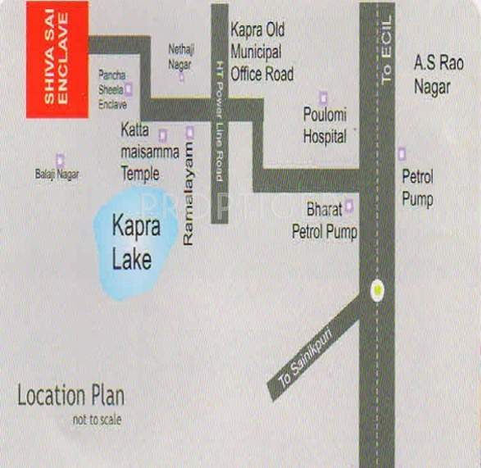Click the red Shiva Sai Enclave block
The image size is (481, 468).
click(x=57, y=59)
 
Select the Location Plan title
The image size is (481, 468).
click(x=71, y=397)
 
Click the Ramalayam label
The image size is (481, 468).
click(x=188, y=194)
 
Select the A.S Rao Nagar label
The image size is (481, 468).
click(x=438, y=73)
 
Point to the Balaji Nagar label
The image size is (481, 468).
click(x=57, y=174)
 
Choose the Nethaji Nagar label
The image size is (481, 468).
click(x=180, y=55)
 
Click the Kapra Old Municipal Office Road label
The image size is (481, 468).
click(x=261, y=51)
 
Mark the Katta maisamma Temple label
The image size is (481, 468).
click(x=150, y=152)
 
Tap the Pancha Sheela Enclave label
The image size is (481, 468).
click(x=112, y=89)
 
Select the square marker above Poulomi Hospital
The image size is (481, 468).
click(x=324, y=97)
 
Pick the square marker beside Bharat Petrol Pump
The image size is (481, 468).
click(x=349, y=206)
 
